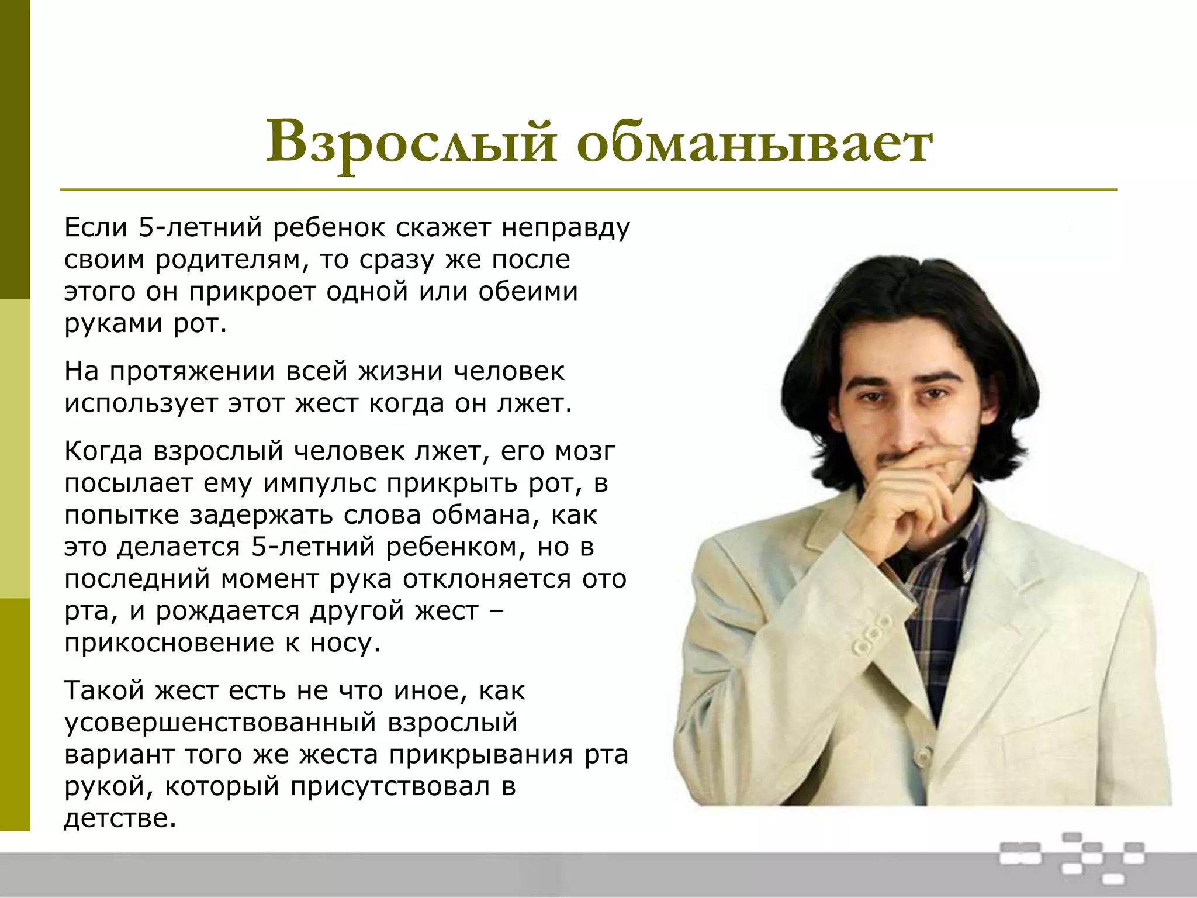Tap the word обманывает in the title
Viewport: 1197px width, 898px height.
pyautogui.click(x=755, y=142)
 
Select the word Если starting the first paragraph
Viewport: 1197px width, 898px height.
pyautogui.click(x=96, y=227)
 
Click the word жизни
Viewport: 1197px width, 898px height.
pyautogui.click(x=400, y=371)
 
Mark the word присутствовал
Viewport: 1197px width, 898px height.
pyautogui.click(x=390, y=786)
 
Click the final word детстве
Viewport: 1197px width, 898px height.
pyautogui.click(x=120, y=818)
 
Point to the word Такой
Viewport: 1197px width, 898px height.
pyautogui.click(x=104, y=690)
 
